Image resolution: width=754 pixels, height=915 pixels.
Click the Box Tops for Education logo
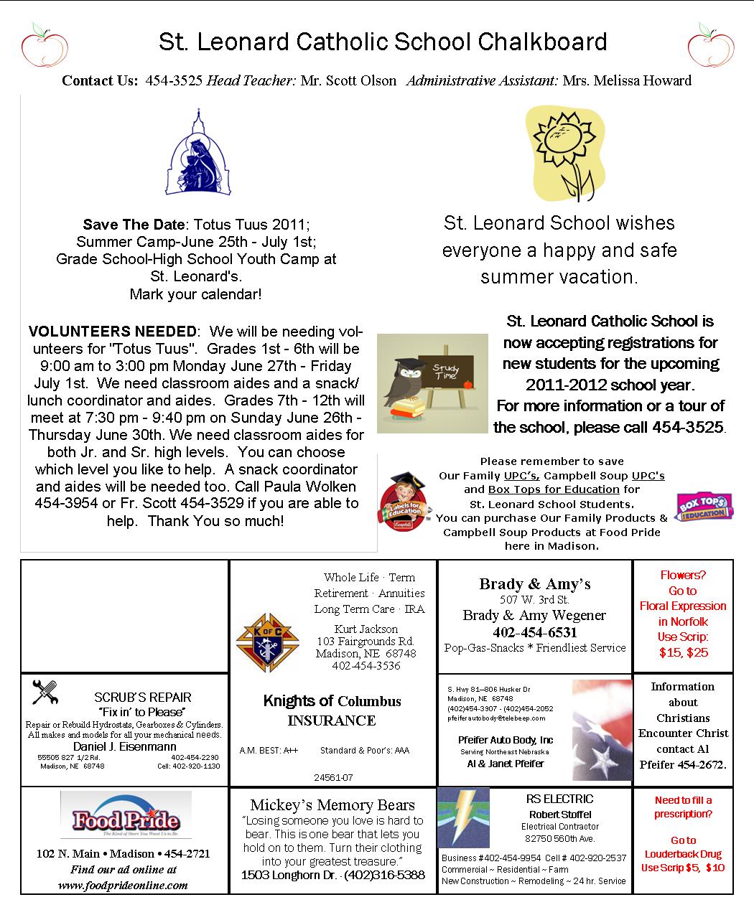704,507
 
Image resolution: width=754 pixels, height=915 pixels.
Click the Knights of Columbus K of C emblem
268,643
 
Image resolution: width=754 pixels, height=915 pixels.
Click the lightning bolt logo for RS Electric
463,819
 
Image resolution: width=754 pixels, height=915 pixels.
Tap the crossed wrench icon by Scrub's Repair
45,693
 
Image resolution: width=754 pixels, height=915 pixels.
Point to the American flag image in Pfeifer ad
602,731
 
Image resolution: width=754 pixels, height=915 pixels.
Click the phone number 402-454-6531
534,632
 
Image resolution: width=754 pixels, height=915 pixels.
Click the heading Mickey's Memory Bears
332,804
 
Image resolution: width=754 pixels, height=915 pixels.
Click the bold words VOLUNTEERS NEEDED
112,332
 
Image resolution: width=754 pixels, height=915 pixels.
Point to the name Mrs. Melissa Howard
627,80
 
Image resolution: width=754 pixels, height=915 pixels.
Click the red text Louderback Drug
683,854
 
